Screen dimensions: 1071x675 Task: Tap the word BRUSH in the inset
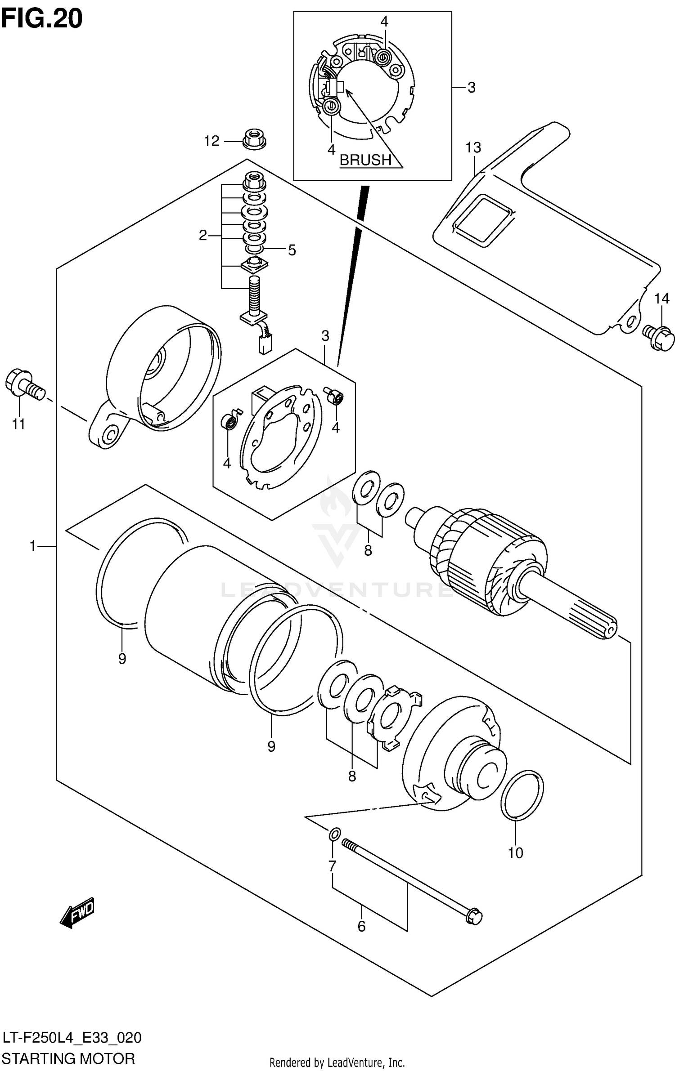tap(365, 160)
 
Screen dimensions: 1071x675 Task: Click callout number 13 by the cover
tap(473, 147)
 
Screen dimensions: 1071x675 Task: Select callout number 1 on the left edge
tap(32, 546)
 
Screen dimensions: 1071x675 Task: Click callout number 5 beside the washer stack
tap(292, 250)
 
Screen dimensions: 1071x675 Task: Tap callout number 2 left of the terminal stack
tap(203, 235)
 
